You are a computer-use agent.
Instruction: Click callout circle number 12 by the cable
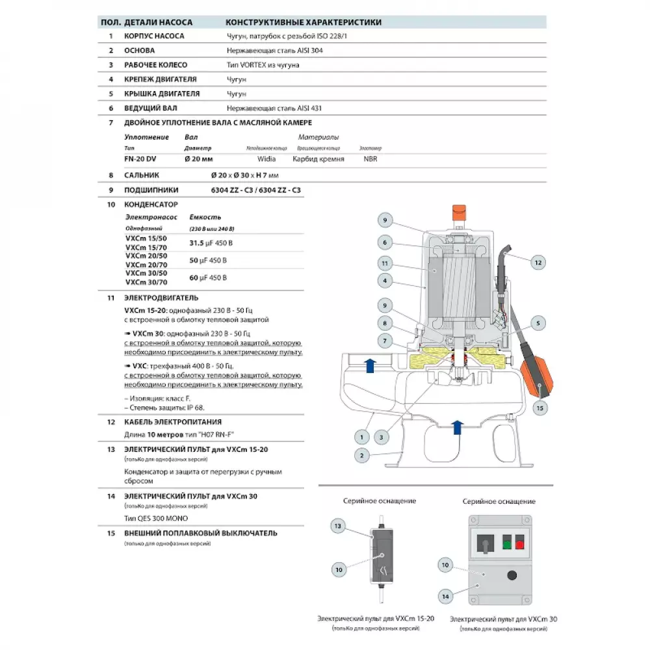[537, 263]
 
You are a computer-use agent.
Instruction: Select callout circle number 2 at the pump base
[361, 455]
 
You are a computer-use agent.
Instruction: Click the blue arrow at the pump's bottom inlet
[457, 427]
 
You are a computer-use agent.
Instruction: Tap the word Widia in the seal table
[266, 159]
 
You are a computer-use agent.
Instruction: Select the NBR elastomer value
[370, 159]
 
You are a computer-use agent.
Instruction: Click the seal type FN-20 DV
[139, 159]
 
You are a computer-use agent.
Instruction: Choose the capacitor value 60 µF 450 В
[207, 278]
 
